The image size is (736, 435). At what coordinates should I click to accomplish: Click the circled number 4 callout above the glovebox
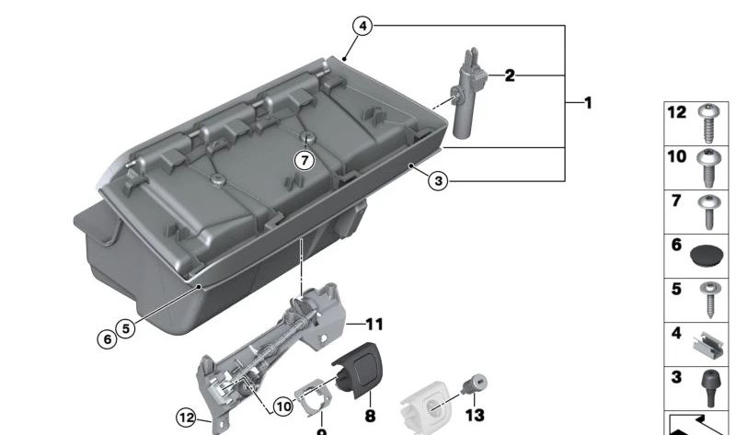[363, 27]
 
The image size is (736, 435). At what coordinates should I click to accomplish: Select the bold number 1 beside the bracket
[585, 102]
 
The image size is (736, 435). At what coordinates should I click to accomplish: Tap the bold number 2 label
[509, 75]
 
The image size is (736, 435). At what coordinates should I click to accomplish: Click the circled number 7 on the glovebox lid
[305, 160]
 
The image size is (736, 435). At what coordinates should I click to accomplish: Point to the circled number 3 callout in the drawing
[439, 181]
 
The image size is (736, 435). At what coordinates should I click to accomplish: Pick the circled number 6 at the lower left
[109, 339]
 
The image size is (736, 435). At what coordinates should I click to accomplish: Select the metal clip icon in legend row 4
[707, 343]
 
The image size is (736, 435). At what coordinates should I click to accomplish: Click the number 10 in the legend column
[676, 157]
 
